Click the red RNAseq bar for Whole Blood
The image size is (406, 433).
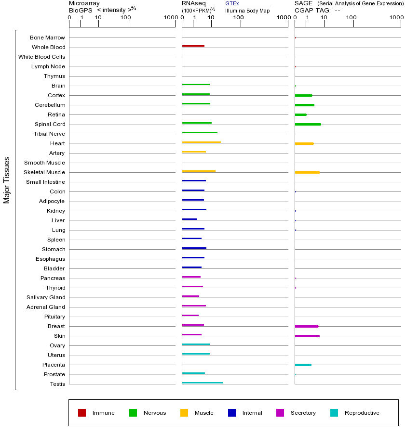(193, 46)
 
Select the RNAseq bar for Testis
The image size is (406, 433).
(203, 383)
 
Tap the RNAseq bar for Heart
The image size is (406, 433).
(202, 142)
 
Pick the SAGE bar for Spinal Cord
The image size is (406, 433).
(308, 124)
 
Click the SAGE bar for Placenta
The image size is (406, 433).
(303, 365)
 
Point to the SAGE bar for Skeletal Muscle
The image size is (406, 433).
(307, 172)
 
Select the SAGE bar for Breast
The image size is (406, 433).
(307, 326)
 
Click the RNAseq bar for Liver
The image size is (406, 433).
(189, 219)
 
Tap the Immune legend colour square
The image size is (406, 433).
(82, 413)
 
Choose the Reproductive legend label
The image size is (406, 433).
(362, 413)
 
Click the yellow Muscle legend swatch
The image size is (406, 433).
(184, 413)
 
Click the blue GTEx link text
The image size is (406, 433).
(232, 4)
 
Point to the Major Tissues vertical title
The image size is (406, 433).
(7, 180)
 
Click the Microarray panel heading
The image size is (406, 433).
(84, 3)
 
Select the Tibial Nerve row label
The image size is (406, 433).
(49, 134)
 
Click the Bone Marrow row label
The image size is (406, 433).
(47, 38)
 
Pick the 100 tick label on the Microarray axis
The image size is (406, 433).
(125, 18)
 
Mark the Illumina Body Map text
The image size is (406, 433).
(247, 11)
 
